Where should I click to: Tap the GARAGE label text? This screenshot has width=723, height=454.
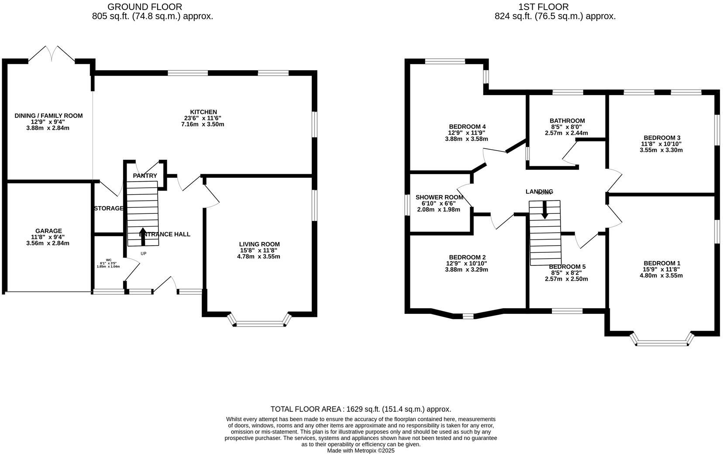(48, 231)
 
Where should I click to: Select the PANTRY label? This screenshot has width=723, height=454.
(145, 175)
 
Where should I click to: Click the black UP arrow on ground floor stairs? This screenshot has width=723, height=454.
(143, 236)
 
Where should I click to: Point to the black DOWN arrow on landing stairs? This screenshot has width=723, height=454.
(544, 210)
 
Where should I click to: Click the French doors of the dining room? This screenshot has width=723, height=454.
(52, 54)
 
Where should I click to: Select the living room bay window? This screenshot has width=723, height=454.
(259, 323)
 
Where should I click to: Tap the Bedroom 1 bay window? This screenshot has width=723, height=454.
(662, 343)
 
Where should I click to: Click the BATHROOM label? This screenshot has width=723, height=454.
(567, 121)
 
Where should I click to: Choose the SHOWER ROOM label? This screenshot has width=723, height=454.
(439, 197)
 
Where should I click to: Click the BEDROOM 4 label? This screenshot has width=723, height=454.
(467, 127)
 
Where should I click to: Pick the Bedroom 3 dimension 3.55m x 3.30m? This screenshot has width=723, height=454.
(661, 150)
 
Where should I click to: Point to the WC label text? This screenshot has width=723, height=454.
(108, 260)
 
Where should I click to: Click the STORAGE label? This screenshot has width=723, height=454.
(109, 208)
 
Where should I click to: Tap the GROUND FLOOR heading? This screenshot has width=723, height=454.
(145, 7)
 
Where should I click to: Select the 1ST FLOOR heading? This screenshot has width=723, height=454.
(543, 7)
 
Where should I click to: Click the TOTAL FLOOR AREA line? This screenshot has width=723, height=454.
(361, 409)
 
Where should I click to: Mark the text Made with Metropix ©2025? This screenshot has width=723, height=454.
(361, 451)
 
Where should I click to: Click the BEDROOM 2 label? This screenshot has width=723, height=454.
(466, 258)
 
